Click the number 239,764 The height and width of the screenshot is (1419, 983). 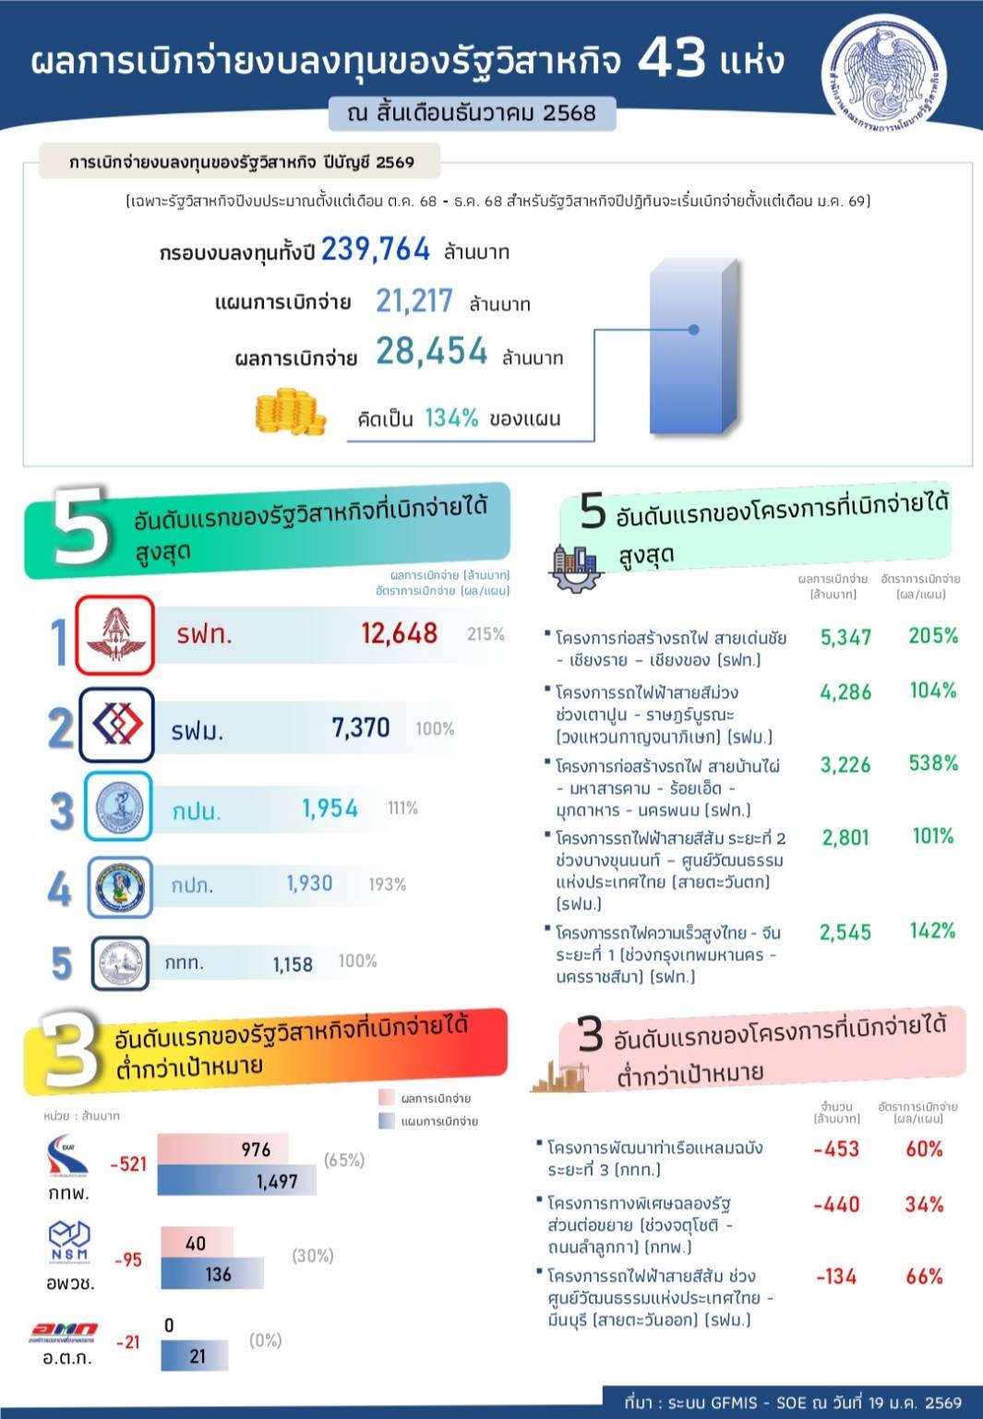click(x=376, y=249)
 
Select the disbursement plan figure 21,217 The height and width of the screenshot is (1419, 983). click(x=414, y=301)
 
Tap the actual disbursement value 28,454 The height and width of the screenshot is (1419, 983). click(x=431, y=352)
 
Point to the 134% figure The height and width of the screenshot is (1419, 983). click(x=451, y=418)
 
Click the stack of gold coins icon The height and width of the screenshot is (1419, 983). click(x=290, y=412)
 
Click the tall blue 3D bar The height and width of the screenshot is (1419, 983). click(x=693, y=346)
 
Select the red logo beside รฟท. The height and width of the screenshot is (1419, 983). click(x=114, y=635)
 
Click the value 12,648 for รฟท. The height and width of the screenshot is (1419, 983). click(x=399, y=633)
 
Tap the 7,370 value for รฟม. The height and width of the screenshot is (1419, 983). click(x=361, y=728)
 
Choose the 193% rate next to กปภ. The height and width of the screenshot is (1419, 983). click(x=387, y=884)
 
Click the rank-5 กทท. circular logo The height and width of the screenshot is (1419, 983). click(x=120, y=964)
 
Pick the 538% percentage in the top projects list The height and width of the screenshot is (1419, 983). click(x=933, y=764)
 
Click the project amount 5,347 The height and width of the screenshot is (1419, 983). click(x=845, y=637)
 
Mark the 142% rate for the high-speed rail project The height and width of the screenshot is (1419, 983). click(x=932, y=931)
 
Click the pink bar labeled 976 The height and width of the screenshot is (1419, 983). click(x=223, y=1149)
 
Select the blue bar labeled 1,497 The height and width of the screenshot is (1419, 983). click(x=237, y=1181)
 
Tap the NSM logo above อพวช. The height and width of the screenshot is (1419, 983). click(x=70, y=1243)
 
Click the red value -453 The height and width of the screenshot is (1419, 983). click(x=836, y=1149)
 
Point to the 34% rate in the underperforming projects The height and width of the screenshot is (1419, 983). click(x=924, y=1205)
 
